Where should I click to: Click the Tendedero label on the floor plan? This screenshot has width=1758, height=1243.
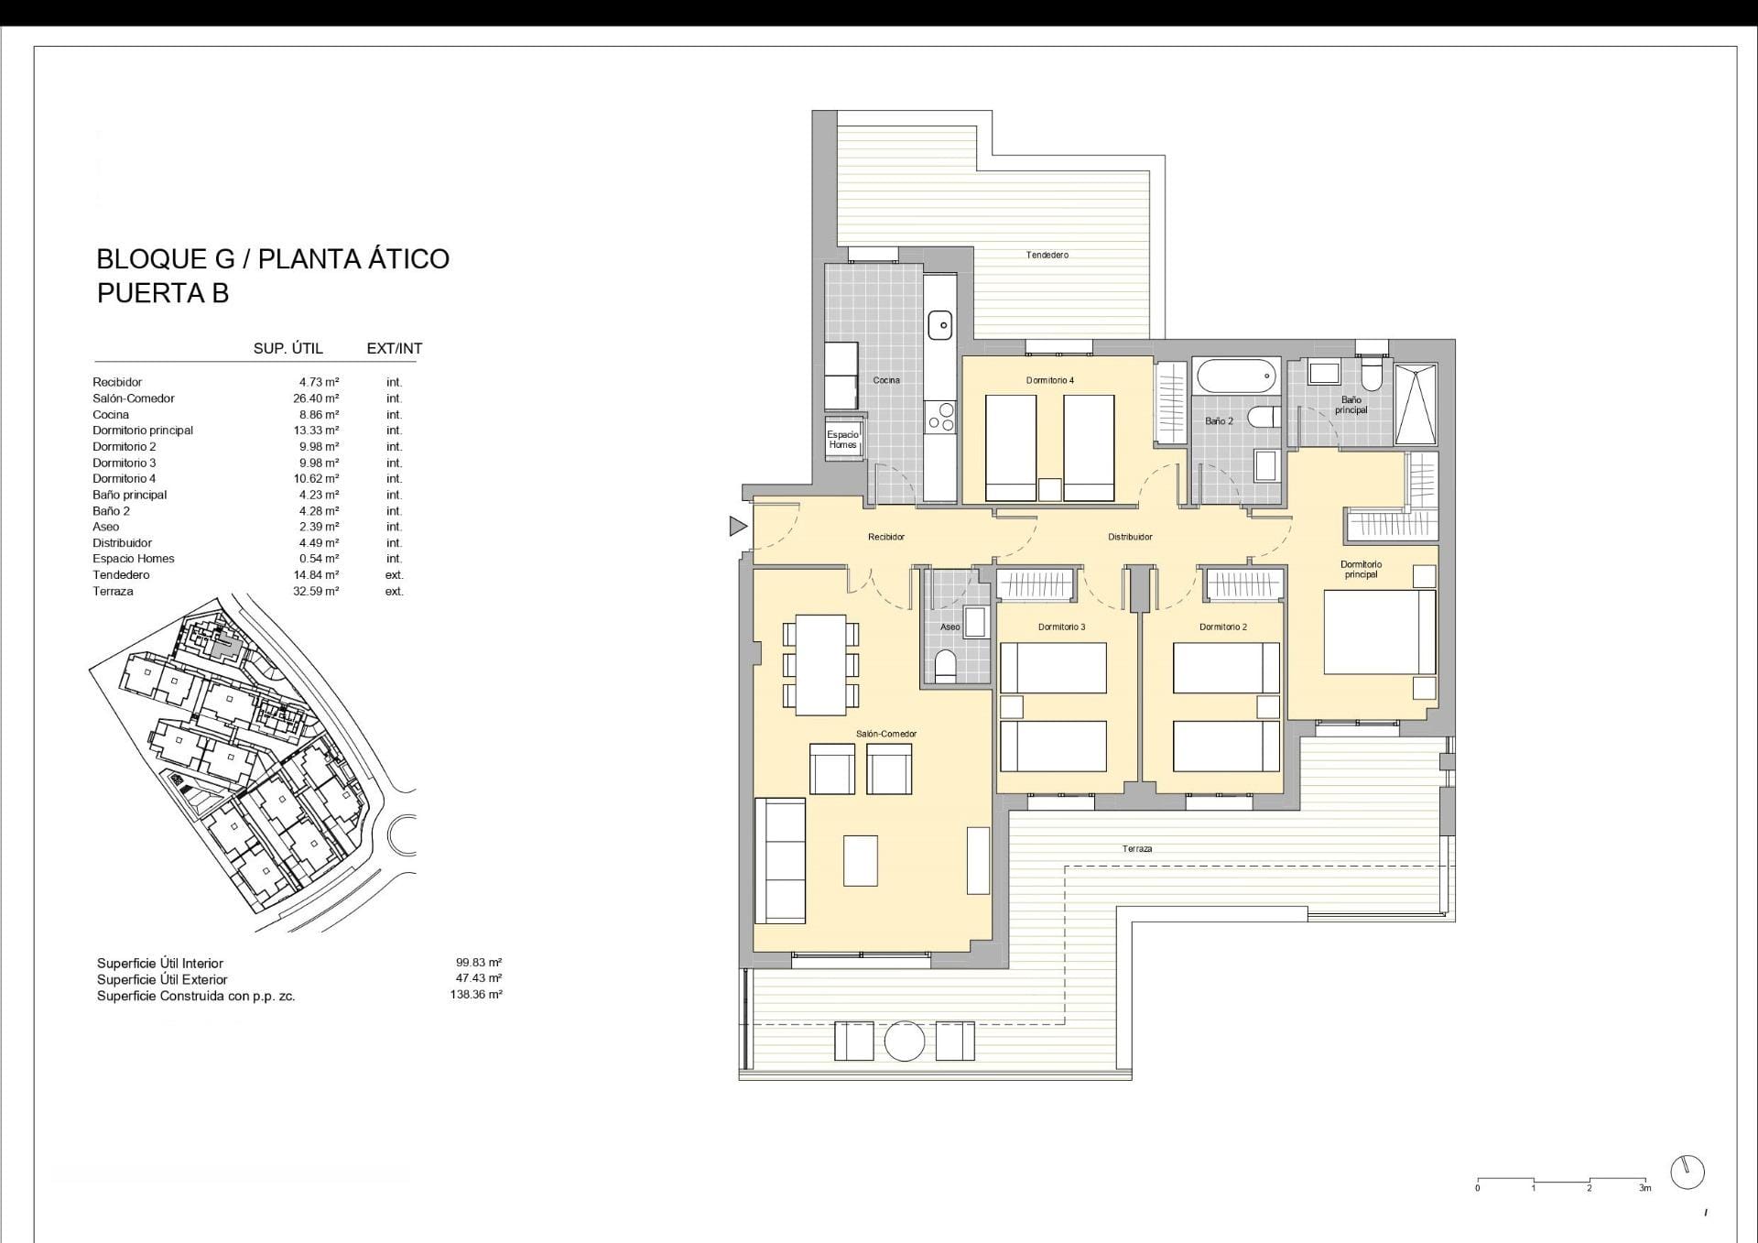1047,255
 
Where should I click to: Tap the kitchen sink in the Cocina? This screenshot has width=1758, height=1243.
940,324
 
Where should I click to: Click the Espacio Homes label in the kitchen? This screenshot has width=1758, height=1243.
842,440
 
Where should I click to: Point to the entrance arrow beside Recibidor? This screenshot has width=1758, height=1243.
738,526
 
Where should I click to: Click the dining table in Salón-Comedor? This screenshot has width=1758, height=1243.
820,665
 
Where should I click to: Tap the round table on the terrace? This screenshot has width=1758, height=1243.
905,1041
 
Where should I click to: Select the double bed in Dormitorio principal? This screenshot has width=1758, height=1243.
1379,633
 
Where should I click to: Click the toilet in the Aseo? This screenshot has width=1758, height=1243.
945,666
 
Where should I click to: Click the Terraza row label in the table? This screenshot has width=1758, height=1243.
113,592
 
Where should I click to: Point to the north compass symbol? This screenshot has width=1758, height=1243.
1687,1172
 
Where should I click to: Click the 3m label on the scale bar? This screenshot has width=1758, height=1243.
1645,1188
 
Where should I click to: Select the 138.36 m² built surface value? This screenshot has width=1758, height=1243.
476,995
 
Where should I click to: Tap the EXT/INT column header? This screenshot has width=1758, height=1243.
395,348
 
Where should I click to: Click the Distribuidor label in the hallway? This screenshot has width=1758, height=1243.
1130,537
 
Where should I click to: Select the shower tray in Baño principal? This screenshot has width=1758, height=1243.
1416,405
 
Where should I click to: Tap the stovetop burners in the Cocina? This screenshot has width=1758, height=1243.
940,417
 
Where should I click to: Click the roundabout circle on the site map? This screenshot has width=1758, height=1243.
402,834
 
